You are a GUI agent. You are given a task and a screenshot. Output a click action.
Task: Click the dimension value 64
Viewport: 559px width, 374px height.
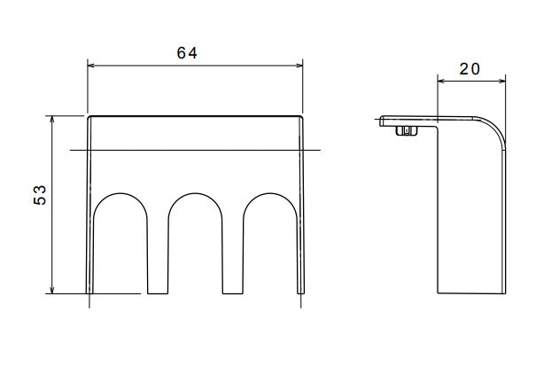pos(187,53)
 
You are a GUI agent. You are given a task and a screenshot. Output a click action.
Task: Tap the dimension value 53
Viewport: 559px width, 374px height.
pos(40,195)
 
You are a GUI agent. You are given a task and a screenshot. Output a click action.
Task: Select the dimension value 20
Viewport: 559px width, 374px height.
pos(470,69)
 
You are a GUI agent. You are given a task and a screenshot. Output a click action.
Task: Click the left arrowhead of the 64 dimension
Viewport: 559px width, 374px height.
pos(91,66)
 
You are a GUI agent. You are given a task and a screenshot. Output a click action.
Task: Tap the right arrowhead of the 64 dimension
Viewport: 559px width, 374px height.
pos(299,66)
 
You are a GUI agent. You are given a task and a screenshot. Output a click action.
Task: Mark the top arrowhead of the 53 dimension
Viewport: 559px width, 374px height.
pos(52,120)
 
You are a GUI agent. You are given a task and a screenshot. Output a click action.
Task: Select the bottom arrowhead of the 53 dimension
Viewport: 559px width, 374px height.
pos(52,290)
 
